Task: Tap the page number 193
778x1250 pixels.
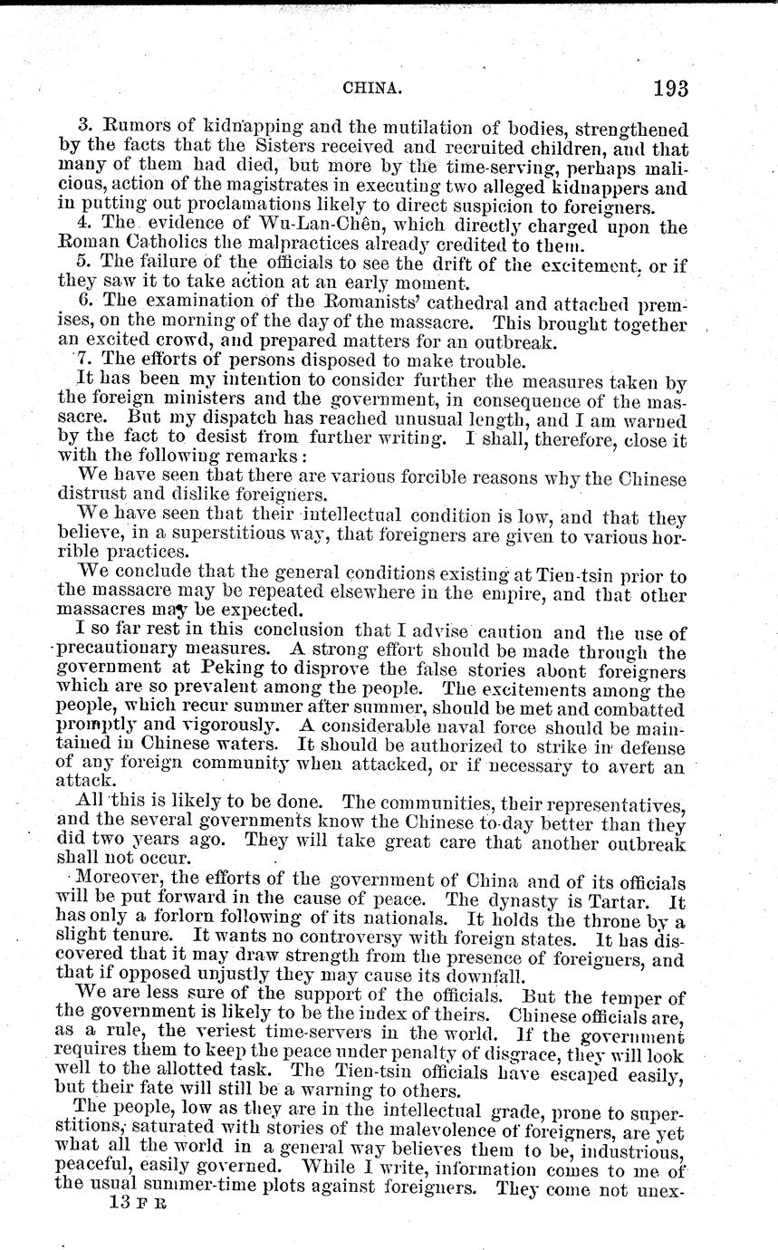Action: [x=668, y=88]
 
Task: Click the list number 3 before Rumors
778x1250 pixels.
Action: [x=82, y=130]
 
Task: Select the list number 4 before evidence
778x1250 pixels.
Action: [x=82, y=227]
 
